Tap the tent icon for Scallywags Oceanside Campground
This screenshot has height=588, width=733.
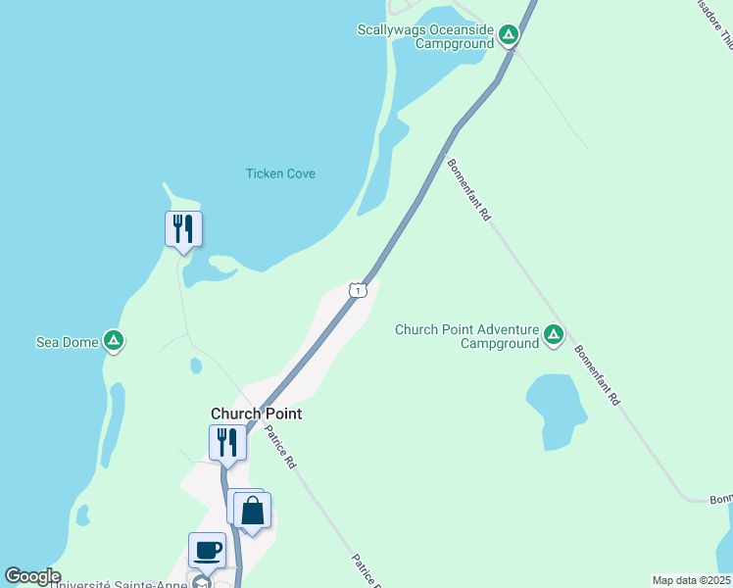(508, 36)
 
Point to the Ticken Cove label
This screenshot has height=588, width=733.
(280, 173)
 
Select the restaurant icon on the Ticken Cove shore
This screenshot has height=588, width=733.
(183, 229)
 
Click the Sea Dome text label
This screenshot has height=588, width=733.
(67, 342)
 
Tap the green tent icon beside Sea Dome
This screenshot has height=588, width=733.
(115, 341)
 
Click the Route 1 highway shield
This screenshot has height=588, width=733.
(358, 290)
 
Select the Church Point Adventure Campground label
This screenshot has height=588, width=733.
(467, 336)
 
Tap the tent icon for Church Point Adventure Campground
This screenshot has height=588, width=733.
(554, 336)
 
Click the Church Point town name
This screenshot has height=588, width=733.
(256, 414)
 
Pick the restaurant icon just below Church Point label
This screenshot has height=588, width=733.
(227, 443)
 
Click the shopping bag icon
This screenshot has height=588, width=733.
(253, 510)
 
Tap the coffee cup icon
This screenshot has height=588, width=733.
(207, 550)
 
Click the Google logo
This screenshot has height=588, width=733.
(31, 576)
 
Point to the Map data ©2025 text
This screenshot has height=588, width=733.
(691, 580)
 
